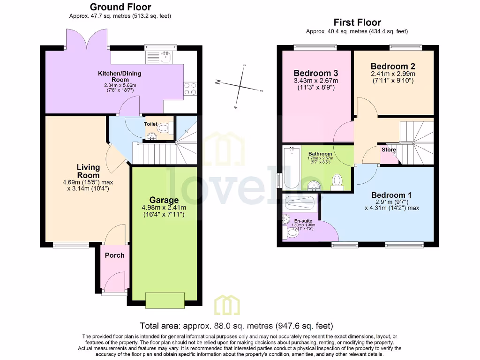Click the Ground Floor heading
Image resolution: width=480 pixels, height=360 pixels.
(120, 7)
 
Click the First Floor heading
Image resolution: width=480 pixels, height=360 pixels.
(357, 22)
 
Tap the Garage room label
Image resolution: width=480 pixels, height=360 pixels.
(164, 200)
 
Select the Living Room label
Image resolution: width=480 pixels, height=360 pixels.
(88, 171)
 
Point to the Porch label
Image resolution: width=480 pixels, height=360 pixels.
(114, 255)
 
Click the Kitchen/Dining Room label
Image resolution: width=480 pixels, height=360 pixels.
(119, 76)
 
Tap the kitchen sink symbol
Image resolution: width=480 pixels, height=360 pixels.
(160, 58)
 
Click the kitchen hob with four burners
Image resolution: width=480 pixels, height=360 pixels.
(190, 89)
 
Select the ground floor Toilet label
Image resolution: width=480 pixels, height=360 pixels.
(150, 124)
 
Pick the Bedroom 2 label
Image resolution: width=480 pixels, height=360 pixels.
(392, 67)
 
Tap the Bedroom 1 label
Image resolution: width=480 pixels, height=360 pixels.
(391, 195)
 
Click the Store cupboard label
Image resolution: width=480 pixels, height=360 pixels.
(389, 150)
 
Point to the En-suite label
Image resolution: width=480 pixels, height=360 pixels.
(302, 220)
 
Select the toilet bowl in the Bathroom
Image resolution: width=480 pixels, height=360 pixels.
(337, 181)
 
